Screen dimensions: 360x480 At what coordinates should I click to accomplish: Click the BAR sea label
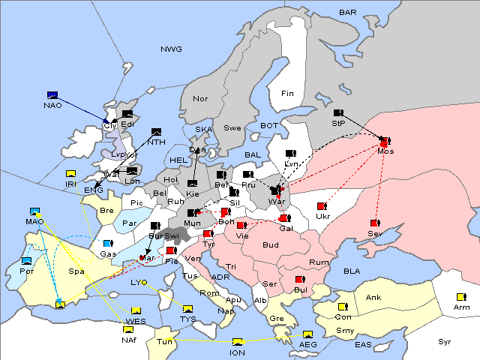coord(347,13)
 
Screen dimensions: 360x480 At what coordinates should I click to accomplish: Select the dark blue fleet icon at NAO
coord(52,95)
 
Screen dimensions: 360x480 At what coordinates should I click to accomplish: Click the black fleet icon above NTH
coord(157,132)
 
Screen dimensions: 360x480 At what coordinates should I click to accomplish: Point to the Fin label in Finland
coord(287,94)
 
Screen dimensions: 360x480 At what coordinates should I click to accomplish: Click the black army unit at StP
coord(338,112)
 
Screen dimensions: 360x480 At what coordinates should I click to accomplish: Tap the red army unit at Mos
coord(385,141)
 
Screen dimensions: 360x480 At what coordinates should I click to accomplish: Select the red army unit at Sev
coord(374,223)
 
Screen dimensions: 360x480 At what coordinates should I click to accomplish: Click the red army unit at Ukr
coord(322,206)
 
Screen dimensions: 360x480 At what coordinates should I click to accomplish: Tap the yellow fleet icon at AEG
coord(307,334)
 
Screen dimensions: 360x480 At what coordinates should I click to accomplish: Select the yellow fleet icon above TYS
coord(187,308)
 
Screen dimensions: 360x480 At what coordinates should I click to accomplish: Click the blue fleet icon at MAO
coord(34,211)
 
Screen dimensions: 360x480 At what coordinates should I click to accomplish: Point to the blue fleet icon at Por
coord(27,261)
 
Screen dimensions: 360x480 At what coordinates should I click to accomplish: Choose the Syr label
coord(445,341)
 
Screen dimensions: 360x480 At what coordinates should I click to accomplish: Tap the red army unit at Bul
coord(300,280)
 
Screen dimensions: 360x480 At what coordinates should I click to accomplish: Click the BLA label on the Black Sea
coord(352,270)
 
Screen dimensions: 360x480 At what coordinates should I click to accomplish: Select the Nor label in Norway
coord(200,99)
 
